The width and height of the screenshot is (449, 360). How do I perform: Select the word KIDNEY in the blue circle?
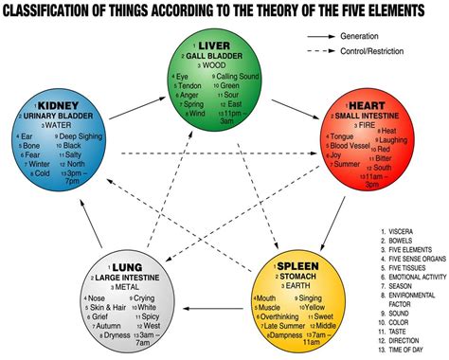[60, 104]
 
